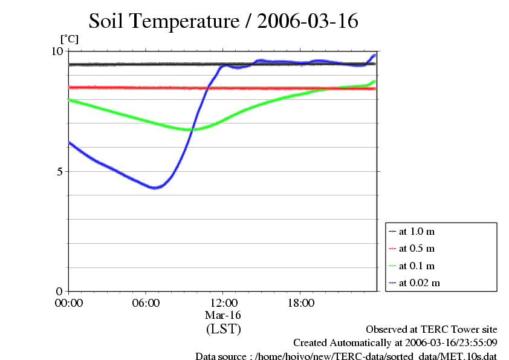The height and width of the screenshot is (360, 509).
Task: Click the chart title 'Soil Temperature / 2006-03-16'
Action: pos(224,21)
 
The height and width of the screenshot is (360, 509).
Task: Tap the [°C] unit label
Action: pos(69,39)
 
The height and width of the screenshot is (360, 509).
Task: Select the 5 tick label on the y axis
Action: pos(59,171)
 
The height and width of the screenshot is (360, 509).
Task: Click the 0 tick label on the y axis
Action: pos(59,291)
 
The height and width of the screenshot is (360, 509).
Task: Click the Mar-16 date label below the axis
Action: pos(223,315)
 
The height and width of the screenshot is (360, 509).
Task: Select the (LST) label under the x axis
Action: pos(223,329)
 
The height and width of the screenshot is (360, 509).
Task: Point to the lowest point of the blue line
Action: pos(155,188)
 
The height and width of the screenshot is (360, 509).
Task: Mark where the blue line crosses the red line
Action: pos(207,88)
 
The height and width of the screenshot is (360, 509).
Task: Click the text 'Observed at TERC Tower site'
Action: pos(432,330)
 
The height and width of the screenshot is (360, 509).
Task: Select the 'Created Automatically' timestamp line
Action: pos(395,343)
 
